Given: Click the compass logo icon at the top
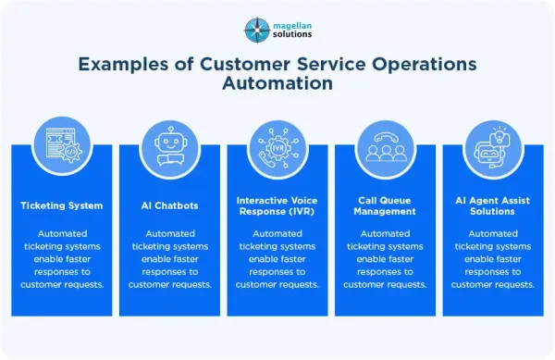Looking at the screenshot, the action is point(257,31).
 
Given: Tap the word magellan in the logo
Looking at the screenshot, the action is point(292,26).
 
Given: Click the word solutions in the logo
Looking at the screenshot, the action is point(292,34).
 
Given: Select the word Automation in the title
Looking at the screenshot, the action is point(277,83).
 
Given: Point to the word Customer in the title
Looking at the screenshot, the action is point(245,64).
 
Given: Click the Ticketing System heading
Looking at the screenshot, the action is point(62,205).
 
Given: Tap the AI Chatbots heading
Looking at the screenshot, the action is point(169,205).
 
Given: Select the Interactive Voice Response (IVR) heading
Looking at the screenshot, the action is point(277,206).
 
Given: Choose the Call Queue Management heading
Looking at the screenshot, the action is point(385,206).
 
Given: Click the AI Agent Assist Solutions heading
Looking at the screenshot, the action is point(493,206).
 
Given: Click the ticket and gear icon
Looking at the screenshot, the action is point(64,145).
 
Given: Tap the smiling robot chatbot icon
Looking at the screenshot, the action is point(171,146).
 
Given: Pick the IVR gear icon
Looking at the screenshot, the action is point(278,148).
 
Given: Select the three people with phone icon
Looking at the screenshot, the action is point(386,147).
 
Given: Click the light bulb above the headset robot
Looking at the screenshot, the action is point(499,135).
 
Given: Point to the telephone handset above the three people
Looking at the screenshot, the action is point(386,137).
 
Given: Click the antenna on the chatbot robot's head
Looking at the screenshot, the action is point(171,131).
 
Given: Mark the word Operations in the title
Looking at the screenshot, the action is point(424,64).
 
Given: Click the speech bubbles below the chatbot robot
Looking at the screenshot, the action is point(171,160).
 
